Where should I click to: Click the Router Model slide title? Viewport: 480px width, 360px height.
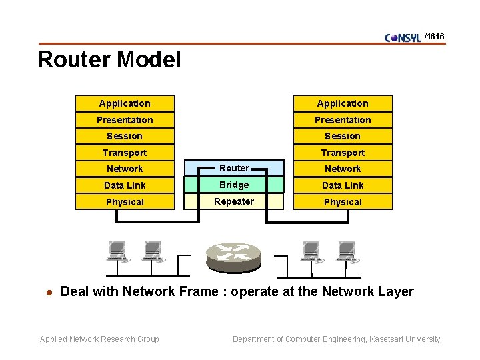click(109, 60)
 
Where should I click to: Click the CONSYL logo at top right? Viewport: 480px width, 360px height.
click(403, 37)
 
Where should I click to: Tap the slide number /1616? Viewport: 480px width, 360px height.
click(434, 37)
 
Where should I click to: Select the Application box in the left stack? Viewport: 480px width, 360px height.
click(125, 103)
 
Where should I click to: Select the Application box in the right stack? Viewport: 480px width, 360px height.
click(343, 103)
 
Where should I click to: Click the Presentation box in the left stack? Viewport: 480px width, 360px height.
click(125, 120)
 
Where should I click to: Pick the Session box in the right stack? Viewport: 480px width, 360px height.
click(343, 136)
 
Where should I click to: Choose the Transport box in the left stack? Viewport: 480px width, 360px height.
click(125, 153)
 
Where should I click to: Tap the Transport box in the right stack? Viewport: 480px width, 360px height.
click(343, 153)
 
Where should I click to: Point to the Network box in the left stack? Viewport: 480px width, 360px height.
click(125, 169)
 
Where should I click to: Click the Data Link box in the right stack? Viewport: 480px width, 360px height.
click(343, 185)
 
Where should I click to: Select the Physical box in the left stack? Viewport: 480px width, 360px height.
click(125, 202)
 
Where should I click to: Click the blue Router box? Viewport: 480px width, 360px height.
click(234, 169)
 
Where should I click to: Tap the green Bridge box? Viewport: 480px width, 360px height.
click(234, 185)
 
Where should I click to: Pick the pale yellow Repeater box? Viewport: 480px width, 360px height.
click(234, 201)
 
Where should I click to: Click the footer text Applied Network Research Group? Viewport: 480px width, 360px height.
click(99, 339)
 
